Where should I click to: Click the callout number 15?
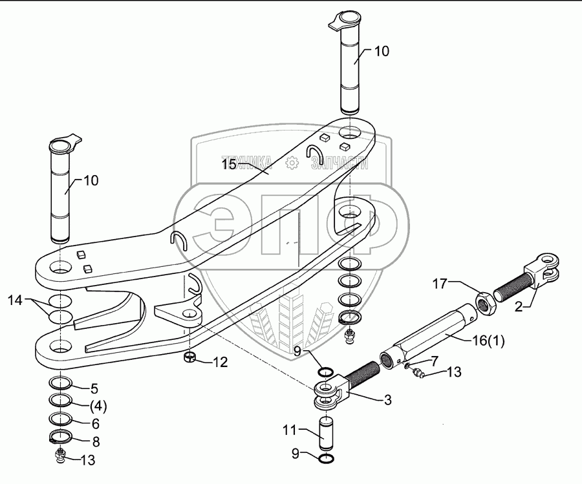tap(230, 164)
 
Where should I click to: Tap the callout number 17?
tap(440, 284)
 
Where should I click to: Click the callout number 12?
tap(220, 362)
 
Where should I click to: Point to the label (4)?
tap(98, 407)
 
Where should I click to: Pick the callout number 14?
tap(16, 300)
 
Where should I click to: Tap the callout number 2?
tap(519, 306)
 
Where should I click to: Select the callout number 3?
tap(387, 400)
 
